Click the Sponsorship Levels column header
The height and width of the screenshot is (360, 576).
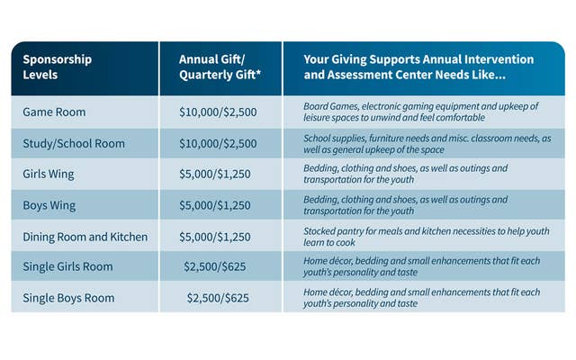(58, 67)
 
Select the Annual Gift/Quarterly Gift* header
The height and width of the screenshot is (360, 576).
(218, 67)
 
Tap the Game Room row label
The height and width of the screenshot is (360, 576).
(55, 112)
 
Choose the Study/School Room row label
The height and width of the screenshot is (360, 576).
(74, 143)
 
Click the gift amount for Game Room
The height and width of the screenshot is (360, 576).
(218, 112)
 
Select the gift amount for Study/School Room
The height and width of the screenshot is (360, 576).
(218, 143)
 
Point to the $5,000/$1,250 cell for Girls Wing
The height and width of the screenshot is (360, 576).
(218, 174)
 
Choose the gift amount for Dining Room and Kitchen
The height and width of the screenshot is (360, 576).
(218, 236)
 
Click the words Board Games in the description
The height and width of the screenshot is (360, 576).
(329, 106)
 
